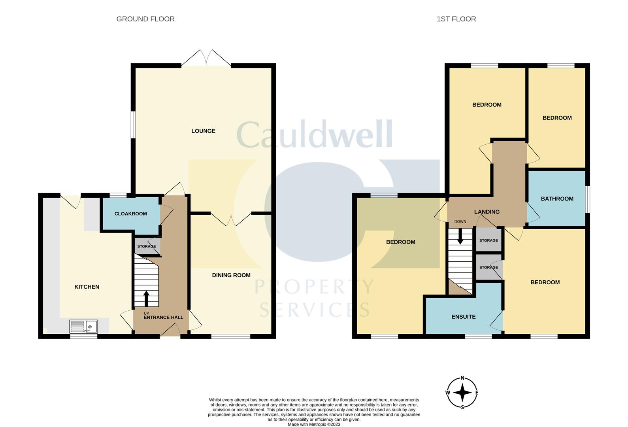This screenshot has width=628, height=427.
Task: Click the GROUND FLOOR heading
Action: point(145,19)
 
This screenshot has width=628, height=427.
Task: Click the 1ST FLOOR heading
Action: point(456,19)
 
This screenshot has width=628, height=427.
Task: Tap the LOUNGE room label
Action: point(203,131)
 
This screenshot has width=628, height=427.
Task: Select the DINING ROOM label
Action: point(231,275)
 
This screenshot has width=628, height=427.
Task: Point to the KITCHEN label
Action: point(87,287)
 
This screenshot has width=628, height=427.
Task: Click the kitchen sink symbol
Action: point(84,327)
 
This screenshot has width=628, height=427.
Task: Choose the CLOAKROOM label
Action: point(130,213)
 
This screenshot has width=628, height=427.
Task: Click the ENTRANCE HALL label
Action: point(163,317)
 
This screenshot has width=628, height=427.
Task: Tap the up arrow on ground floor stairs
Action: point(146,299)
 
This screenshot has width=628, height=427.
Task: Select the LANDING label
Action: point(487,212)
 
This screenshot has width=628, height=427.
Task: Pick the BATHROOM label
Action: point(557,198)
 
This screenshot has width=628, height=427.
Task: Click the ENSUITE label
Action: point(463,317)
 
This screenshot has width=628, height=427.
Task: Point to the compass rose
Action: point(462,393)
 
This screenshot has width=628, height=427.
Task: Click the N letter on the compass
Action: point(462,378)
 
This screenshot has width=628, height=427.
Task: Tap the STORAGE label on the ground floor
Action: point(147,246)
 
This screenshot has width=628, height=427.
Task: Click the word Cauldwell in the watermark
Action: point(315,134)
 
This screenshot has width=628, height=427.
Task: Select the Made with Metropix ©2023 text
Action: point(314,424)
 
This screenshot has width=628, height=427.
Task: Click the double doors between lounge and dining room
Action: point(231,219)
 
